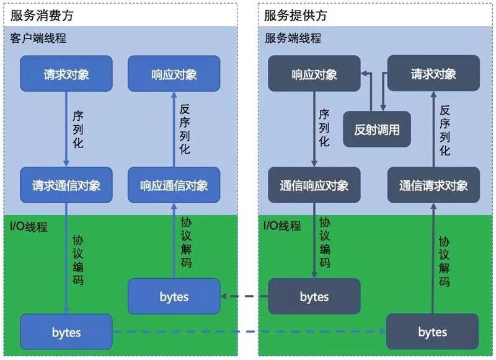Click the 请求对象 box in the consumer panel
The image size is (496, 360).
tap(66, 74)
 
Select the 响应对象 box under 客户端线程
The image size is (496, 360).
tap(174, 74)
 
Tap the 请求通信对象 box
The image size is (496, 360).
tap(66, 185)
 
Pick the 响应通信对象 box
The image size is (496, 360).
tap(174, 185)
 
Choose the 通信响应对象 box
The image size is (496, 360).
tap(314, 185)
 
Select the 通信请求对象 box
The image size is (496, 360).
tap(433, 185)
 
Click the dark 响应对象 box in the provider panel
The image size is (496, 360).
tap(314, 74)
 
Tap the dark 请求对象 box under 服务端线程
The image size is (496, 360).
tap(433, 74)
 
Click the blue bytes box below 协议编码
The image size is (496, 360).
tap(66, 332)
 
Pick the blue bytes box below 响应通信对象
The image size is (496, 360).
tap(174, 296)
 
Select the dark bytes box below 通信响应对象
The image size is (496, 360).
tap(314, 296)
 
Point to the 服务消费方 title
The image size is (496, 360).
tap(38, 15)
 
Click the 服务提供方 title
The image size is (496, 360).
tap(295, 15)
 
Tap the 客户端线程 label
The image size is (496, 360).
tap(38, 38)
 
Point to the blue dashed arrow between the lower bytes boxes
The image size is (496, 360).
tap(248, 333)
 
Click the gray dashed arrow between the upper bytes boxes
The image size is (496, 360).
tap(244, 296)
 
